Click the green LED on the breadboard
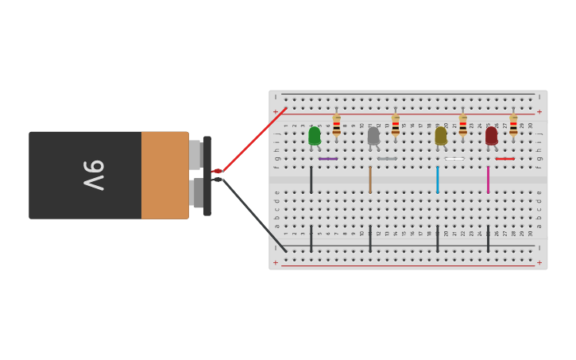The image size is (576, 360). tap(315, 136)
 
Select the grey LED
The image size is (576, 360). tap(373, 136)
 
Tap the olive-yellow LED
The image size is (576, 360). tap(441, 136)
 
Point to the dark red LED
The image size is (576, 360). tap(491, 136)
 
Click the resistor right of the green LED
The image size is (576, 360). tap(336, 126)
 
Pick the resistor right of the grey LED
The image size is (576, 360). tap(395, 126)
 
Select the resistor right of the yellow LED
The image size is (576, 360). tap(462, 126)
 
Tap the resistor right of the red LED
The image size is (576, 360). tap(513, 126)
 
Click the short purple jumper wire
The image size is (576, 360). tap(327, 159)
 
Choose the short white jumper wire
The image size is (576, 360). tap(454, 159)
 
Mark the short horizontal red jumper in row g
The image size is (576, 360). tap(504, 159)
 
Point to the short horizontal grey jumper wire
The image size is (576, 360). tap(387, 159)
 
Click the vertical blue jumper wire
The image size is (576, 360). tap(437, 180)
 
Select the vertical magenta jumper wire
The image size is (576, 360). tap(488, 180)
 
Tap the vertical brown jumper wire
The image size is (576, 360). tap(369, 180)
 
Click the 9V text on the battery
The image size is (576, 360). tap(93, 175)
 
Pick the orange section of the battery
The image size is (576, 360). tap(164, 175)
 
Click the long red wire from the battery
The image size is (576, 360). tap(254, 139)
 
